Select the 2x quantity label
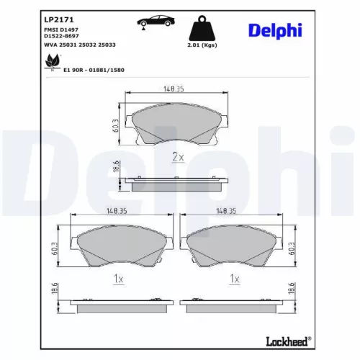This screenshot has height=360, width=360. (x=177, y=156)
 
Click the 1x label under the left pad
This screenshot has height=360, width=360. (x=120, y=279)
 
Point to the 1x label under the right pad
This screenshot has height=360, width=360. (x=235, y=279)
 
